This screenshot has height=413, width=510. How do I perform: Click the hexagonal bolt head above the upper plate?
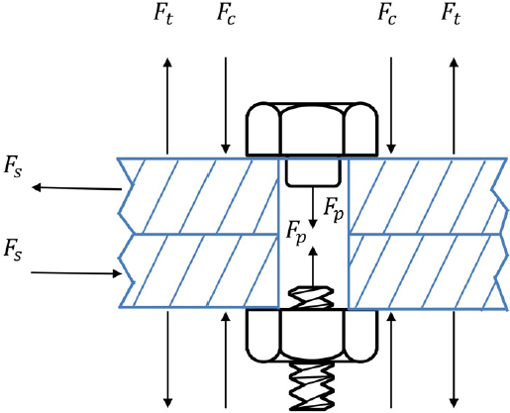click(312, 129)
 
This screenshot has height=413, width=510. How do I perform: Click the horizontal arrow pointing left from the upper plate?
click(75, 187)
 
